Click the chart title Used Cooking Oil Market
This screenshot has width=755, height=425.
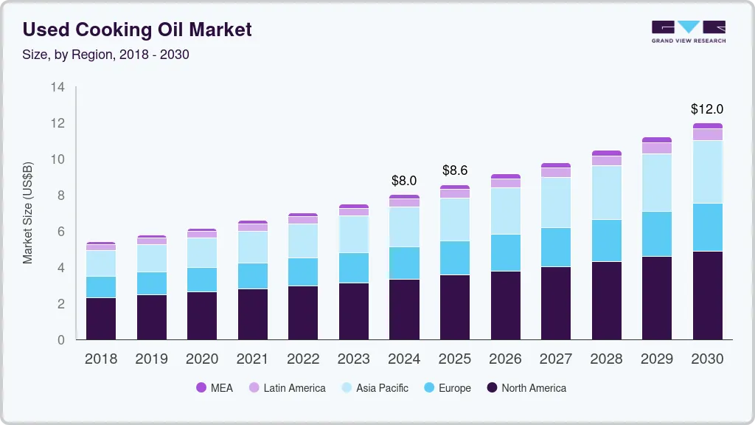click(x=137, y=30)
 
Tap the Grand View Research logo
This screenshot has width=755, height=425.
click(x=688, y=31)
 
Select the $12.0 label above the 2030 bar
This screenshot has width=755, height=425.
click(x=707, y=109)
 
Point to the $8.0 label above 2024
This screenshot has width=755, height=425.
click(x=404, y=180)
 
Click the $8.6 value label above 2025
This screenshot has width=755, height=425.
click(x=455, y=170)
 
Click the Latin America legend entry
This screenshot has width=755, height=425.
click(x=287, y=387)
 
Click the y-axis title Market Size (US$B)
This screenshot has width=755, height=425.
click(x=28, y=212)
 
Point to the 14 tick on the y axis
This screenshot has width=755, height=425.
click(x=58, y=87)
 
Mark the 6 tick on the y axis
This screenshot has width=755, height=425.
click(x=61, y=232)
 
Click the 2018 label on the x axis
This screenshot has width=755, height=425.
click(x=100, y=359)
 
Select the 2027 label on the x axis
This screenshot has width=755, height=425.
click(x=556, y=359)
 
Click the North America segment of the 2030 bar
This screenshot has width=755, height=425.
click(x=708, y=295)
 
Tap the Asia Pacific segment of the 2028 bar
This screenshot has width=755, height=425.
click(x=607, y=193)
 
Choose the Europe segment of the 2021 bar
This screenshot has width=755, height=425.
click(x=252, y=276)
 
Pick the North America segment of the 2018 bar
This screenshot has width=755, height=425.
click(x=100, y=319)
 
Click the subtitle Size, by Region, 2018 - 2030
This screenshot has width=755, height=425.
click(x=105, y=55)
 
